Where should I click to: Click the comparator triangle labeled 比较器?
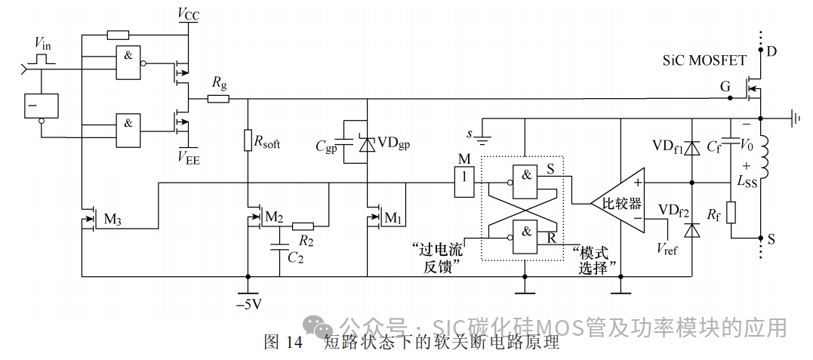[x=619, y=202]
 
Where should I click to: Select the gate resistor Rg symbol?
[x=219, y=99]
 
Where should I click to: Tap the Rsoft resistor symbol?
[x=247, y=140]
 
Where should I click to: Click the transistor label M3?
[x=112, y=220]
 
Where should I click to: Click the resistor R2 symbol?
[x=303, y=225]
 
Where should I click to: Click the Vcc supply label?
[x=189, y=14]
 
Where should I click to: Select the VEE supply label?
[x=189, y=156]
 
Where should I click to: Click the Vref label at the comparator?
[x=667, y=248]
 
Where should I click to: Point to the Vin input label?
[x=44, y=42]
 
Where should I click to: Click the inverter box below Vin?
[x=42, y=106]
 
